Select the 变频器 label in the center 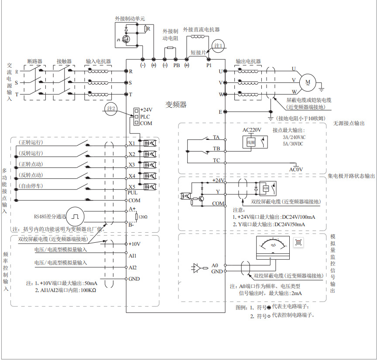[176, 105]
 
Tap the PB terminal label [176, 65]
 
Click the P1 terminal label [209, 65]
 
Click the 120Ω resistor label [143, 217]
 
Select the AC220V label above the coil [252, 130]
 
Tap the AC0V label [296, 169]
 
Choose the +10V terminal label [135, 244]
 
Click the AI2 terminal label [133, 267]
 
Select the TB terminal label [216, 149]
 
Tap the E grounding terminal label [220, 112]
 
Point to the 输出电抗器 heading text [248, 61]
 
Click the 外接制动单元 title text [130, 19]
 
